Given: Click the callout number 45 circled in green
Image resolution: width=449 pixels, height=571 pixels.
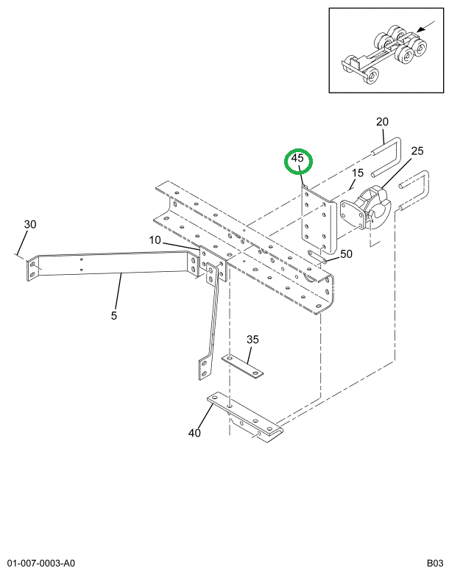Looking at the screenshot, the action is [x=297, y=159].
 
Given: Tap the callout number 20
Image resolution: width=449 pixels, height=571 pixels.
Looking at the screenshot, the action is [x=382, y=122].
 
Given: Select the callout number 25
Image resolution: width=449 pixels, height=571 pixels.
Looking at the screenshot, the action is [x=417, y=151].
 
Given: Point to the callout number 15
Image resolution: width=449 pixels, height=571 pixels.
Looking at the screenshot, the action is [x=358, y=173].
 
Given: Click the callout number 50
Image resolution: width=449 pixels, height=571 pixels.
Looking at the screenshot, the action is [x=346, y=254].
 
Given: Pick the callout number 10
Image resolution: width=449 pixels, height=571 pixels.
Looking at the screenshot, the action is [x=155, y=240].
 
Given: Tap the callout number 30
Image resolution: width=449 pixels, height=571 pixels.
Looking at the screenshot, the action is [x=30, y=224].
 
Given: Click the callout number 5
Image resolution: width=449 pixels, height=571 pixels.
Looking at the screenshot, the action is [x=114, y=315].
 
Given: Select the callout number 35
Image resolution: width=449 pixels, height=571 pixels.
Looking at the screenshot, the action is [x=252, y=340].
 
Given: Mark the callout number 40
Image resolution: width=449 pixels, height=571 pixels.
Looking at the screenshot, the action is [x=194, y=433].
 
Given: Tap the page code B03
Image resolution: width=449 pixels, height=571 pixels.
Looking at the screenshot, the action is [x=435, y=563].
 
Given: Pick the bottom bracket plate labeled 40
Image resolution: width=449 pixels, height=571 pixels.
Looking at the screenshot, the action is [x=244, y=417].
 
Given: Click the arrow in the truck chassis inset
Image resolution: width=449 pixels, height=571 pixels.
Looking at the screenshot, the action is [x=425, y=26].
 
